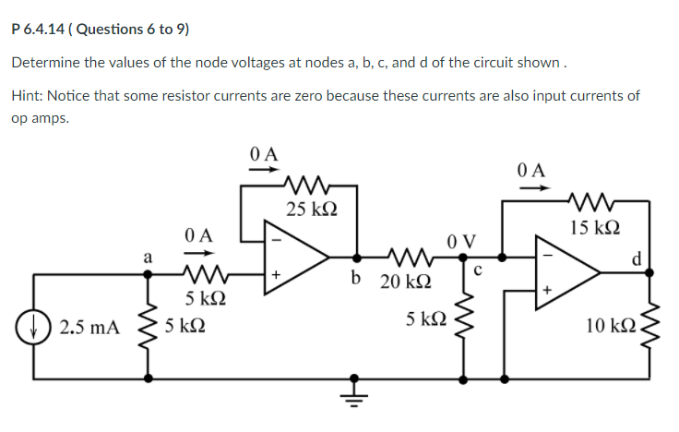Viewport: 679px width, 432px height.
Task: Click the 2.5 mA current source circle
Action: (x=36, y=326)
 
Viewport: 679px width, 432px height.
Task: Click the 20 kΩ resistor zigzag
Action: (x=407, y=256)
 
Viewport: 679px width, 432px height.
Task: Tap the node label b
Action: (x=355, y=275)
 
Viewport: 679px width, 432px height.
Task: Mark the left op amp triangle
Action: (x=301, y=256)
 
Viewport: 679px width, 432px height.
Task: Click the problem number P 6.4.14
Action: (x=38, y=29)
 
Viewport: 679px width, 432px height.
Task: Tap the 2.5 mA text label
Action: (x=88, y=326)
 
